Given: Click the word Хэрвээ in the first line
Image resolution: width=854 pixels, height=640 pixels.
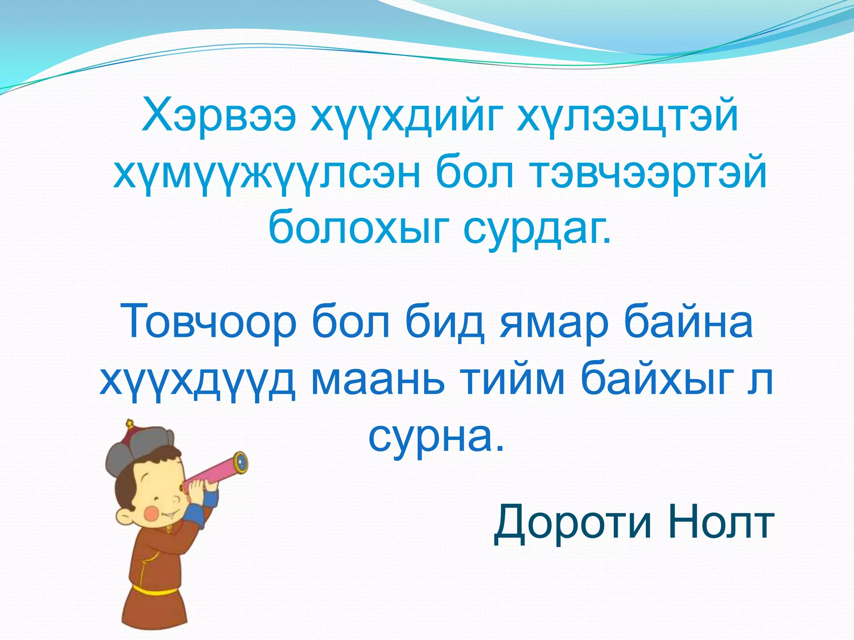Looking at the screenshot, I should pos(219,115).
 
